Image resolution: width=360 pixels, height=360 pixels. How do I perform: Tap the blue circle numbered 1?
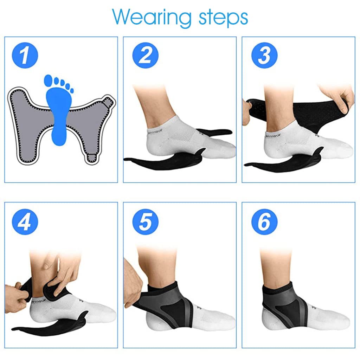(x=25, y=55)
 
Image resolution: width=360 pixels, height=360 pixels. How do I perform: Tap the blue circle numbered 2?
(x=145, y=55)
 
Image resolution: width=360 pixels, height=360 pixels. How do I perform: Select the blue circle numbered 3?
(x=264, y=55)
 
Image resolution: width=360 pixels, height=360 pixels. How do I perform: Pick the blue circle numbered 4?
(x=25, y=222)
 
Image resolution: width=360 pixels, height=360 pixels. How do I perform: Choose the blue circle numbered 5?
(x=145, y=222)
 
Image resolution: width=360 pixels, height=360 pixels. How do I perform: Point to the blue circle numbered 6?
(x=264, y=222)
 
